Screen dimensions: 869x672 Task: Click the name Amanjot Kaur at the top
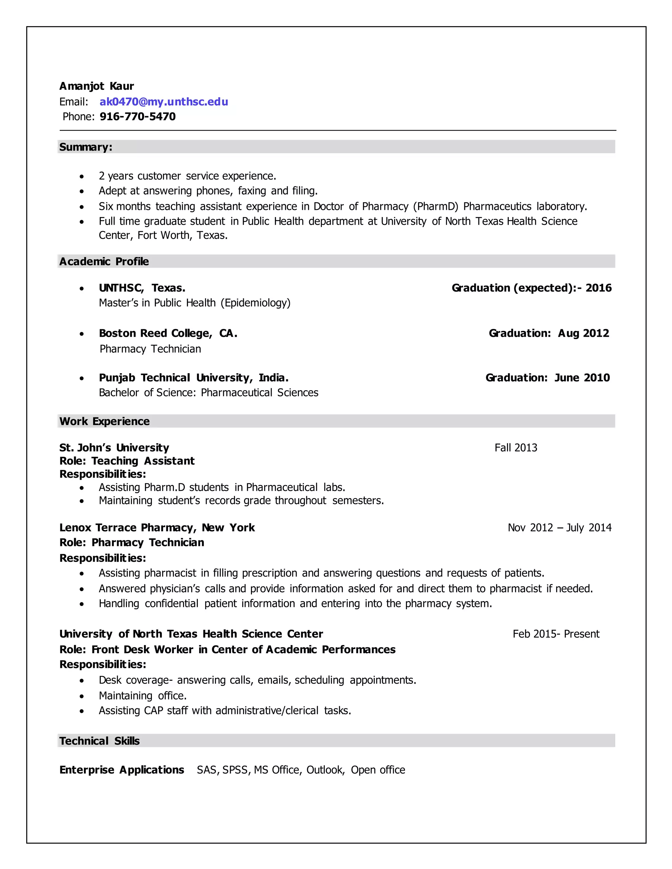click(x=96, y=86)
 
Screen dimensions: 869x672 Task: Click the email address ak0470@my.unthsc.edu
click(x=164, y=102)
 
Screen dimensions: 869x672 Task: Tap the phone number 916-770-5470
click(x=137, y=117)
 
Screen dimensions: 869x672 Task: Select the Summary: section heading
click(x=86, y=147)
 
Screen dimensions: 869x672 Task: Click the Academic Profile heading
click(x=104, y=261)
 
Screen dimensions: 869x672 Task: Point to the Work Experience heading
click(x=104, y=421)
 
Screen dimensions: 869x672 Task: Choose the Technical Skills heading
click(x=99, y=740)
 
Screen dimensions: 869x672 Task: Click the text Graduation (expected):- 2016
click(x=532, y=288)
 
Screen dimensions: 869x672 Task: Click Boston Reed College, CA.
click(x=168, y=333)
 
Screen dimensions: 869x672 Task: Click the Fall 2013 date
click(x=515, y=448)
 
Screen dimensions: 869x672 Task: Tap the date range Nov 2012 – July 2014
click(x=559, y=528)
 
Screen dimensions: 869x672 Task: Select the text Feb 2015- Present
click(x=556, y=634)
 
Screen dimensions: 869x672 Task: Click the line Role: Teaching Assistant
click(x=127, y=461)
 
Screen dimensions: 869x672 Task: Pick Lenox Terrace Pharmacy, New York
click(x=157, y=528)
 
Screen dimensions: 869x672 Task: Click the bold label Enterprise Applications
click(x=121, y=770)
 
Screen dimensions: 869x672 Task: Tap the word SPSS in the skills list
click(x=235, y=770)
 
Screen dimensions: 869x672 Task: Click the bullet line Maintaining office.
click(x=142, y=696)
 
